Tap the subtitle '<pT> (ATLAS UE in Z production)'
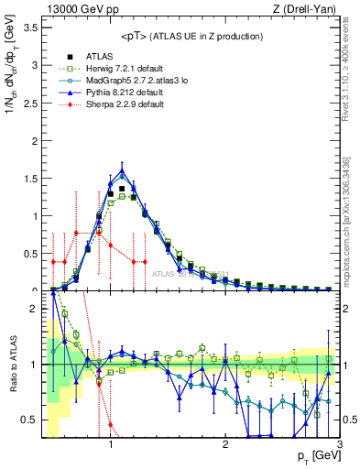(191, 37)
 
